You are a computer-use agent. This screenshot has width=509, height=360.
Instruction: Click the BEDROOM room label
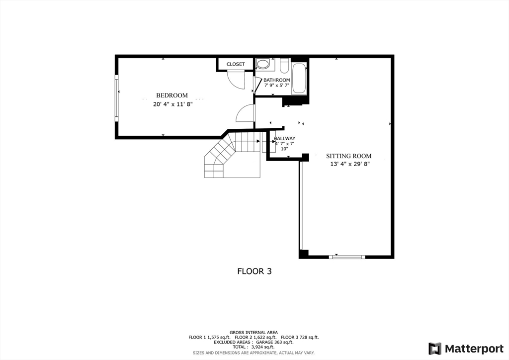(x=172, y=95)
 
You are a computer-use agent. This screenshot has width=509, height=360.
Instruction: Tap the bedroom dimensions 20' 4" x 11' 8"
(x=172, y=104)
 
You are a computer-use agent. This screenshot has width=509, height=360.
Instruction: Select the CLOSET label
(x=236, y=64)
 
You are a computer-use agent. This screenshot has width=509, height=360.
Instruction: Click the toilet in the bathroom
(x=285, y=65)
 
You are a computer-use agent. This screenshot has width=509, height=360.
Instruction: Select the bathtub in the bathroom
(x=299, y=78)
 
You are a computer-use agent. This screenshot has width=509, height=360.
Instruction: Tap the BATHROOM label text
(x=276, y=80)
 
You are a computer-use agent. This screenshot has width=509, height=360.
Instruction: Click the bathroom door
(x=257, y=85)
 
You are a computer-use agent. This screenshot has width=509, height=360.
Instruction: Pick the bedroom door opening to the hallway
(x=246, y=114)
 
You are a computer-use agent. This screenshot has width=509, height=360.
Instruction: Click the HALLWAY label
(x=284, y=139)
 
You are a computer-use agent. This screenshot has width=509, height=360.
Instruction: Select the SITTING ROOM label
(x=348, y=156)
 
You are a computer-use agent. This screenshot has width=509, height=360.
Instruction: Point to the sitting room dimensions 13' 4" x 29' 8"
(x=350, y=164)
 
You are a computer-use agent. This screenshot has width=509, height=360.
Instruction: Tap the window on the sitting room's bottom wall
(x=347, y=257)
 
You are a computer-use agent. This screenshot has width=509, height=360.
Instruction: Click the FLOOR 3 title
(x=254, y=271)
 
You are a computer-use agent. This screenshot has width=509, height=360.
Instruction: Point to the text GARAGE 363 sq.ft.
(x=274, y=342)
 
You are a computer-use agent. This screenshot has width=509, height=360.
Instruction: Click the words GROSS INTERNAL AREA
(x=254, y=332)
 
